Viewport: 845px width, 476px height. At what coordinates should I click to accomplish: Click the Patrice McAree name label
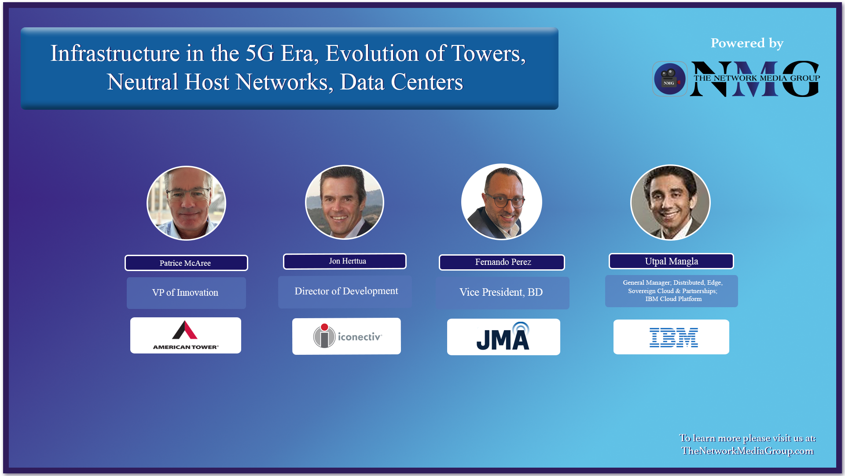point(186,263)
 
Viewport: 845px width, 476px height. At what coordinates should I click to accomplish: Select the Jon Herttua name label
point(345,261)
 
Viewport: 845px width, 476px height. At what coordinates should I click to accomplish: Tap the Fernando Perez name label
point(502,262)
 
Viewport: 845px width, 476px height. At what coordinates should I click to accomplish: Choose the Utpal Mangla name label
point(671,261)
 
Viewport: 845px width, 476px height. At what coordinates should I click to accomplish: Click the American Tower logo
point(186,335)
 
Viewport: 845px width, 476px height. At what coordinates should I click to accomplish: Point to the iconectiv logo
point(347,336)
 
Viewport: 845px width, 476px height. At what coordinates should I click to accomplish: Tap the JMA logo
point(503,337)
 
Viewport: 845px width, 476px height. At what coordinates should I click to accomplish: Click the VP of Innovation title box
point(186,293)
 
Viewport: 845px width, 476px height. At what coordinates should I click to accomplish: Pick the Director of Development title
point(346,291)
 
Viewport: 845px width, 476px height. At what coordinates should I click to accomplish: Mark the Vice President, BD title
point(502,293)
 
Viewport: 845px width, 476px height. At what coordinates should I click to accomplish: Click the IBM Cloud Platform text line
point(673,299)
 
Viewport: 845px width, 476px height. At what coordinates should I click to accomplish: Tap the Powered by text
point(747,43)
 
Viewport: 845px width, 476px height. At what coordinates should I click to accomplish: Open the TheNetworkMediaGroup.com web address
point(747,451)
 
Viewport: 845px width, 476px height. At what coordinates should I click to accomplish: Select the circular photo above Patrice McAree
point(186,203)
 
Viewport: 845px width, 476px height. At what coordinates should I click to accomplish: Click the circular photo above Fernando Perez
point(502,202)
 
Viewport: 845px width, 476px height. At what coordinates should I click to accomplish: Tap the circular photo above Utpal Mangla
point(670,203)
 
